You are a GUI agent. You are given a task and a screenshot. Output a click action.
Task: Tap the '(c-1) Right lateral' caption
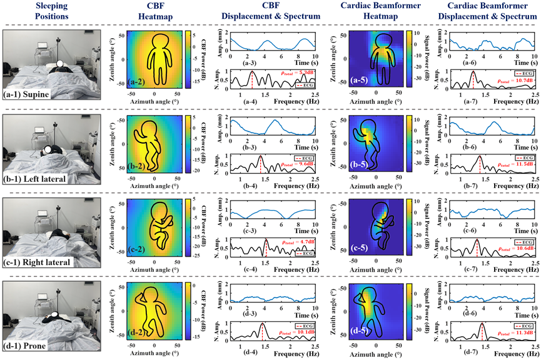38,263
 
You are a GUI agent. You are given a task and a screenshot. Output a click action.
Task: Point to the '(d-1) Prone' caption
26,348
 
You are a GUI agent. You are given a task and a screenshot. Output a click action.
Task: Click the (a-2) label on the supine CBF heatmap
138,82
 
